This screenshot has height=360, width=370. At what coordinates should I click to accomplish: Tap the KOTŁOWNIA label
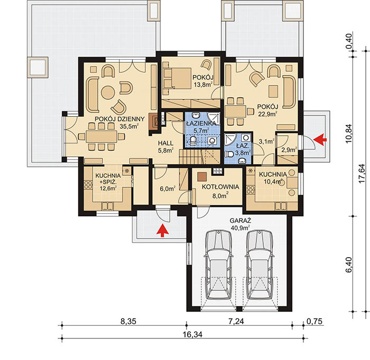[x=220, y=187]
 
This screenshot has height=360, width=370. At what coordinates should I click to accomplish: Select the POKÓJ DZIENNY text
[x=119, y=119]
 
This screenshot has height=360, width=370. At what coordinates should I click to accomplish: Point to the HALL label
[x=165, y=143]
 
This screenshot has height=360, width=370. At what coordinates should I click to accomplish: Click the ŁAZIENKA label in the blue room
[x=201, y=123]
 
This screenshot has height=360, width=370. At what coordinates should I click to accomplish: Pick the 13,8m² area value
[x=202, y=84]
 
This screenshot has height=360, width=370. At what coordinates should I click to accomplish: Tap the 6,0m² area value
[x=168, y=189]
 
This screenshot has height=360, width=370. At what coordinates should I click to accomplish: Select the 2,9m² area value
[x=289, y=150]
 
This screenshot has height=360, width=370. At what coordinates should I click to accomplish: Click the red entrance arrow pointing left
[x=320, y=140]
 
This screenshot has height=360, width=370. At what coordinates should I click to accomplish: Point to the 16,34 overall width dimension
[x=192, y=334]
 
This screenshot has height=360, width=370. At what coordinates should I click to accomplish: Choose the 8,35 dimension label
[x=128, y=321]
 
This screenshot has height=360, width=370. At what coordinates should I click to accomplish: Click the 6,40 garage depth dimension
[x=348, y=264]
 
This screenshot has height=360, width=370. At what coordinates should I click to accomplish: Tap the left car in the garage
[x=218, y=265]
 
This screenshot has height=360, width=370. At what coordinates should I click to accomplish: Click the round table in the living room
[x=108, y=92]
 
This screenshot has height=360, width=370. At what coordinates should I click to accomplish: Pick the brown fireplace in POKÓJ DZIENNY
[x=154, y=121]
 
